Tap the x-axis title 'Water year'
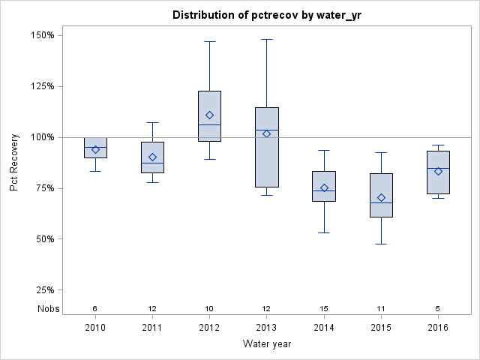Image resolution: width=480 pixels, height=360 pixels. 267,343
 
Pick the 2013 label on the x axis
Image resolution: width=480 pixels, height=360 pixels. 267,328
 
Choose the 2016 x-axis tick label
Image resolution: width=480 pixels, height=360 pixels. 439,328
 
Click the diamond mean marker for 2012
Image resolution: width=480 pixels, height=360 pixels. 210,115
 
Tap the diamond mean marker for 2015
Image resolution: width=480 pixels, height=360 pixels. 381,198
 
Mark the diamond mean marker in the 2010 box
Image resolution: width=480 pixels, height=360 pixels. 95,150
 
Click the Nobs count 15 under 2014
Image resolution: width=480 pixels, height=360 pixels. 324,308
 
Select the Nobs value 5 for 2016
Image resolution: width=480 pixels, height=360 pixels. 439,308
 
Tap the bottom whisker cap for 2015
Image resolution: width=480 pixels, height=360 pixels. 381,244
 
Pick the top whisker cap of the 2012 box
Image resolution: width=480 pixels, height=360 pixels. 210,41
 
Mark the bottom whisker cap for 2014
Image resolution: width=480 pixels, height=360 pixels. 324,232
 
